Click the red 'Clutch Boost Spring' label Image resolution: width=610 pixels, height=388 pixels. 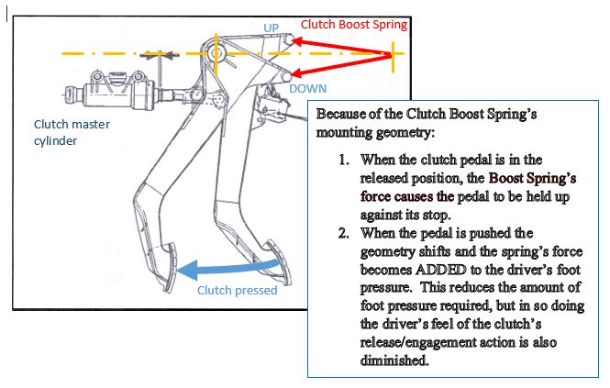354,25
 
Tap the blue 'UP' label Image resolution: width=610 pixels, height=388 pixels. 271,28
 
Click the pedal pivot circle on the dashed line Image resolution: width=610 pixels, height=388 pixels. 217,53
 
